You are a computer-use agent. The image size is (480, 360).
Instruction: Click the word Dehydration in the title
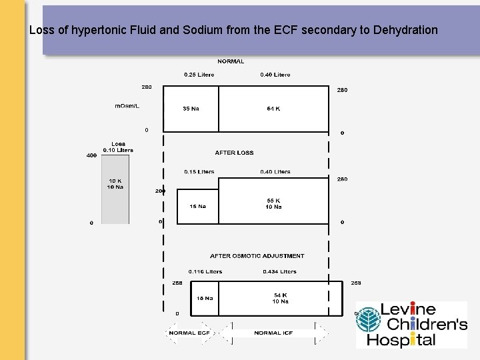point(405,30)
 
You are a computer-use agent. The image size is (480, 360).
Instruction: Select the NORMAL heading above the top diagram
point(231,61)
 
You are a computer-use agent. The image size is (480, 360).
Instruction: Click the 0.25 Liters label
point(199,75)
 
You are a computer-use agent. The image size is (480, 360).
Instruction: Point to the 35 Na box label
point(191,109)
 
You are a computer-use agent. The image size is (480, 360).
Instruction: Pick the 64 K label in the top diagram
point(273,109)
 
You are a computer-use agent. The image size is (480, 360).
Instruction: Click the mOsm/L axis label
point(127,106)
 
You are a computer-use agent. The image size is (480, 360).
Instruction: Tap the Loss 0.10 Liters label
point(118,147)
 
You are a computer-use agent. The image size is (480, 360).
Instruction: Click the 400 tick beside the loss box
point(91,155)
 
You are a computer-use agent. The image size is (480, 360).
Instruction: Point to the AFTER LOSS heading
point(234,153)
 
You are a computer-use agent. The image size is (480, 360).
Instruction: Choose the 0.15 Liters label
point(199,172)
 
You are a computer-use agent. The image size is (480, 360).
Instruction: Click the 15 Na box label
point(198,206)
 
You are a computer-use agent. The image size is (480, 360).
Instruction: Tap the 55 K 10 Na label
point(273,203)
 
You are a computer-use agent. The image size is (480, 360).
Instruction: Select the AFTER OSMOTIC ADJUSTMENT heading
point(257,256)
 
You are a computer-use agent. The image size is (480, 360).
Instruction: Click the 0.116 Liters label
point(205,272)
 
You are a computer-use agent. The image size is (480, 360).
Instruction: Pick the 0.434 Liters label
point(279,272)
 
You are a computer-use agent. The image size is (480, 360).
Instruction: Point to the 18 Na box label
point(205,298)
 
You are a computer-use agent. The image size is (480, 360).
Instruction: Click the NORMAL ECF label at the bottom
point(191,333)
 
